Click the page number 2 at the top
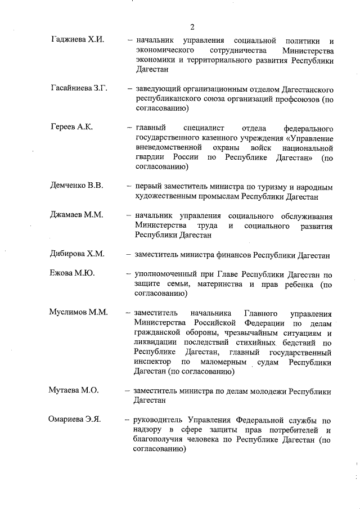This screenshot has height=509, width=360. pyautogui.click(x=191, y=26)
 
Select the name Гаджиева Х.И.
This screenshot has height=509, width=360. pyautogui.click(x=76, y=41)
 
